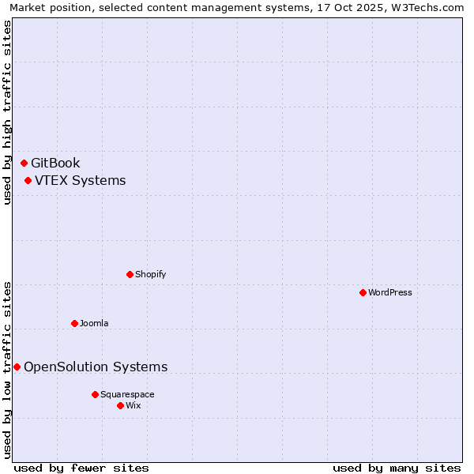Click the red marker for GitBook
(24, 164)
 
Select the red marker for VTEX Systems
(28, 181)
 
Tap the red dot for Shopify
(130, 275)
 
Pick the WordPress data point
(363, 293)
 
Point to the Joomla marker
(75, 323)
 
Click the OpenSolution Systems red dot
(17, 367)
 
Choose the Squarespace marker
(96, 394)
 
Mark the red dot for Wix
(121, 406)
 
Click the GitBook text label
(55, 164)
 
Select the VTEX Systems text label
(80, 181)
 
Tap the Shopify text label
(150, 275)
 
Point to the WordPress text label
(390, 293)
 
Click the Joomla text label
(94, 323)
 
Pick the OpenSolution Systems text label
(96, 367)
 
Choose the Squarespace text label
(127, 394)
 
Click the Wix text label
(134, 406)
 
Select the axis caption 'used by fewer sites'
(81, 468)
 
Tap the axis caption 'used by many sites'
(397, 468)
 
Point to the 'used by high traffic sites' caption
(8, 112)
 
